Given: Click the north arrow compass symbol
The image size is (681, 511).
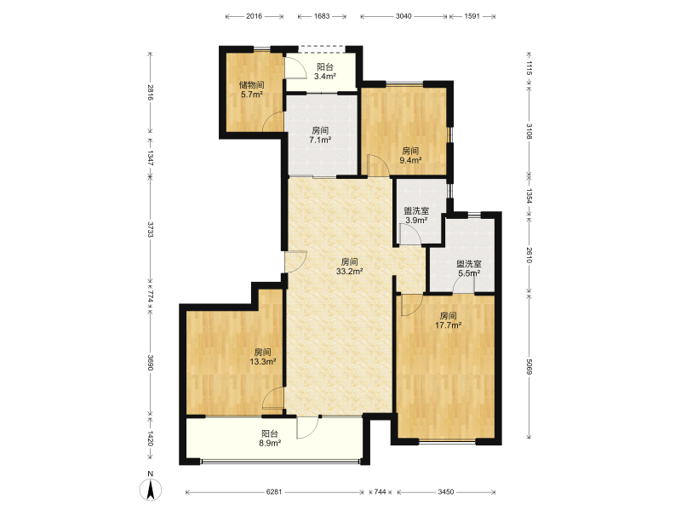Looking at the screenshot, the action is tap(151, 490).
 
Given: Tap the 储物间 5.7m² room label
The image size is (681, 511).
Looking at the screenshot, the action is tap(251, 89).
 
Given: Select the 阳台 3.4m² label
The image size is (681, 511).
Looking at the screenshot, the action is tap(325, 72).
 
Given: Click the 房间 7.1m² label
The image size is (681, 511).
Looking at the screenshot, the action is tap(320, 135).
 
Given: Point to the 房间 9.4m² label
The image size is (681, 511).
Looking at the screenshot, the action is tap(410, 156).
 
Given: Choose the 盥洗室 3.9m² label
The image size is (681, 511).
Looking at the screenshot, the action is tap(416, 215).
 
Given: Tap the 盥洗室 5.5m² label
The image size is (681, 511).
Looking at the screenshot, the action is tap(469, 268).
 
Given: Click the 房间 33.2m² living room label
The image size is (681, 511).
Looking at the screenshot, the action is tap(349, 267).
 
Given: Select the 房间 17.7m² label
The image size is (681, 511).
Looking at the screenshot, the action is tap(448, 320).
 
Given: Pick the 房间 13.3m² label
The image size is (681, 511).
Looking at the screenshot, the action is tap(263, 356).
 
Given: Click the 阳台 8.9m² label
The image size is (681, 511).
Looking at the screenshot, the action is tap(269, 439).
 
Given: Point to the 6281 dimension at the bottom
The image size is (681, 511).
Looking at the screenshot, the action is tap(274, 492).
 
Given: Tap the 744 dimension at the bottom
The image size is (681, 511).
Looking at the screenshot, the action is tap(380, 492).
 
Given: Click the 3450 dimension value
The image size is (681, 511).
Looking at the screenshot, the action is tap(445, 492).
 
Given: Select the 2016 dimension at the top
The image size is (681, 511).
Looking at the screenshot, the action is tap(254, 16).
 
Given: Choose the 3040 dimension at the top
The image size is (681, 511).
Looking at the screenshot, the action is tap(403, 16).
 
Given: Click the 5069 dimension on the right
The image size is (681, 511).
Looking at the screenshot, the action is tap(529, 366).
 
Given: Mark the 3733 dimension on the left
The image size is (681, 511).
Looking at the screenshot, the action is tap(151, 229).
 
